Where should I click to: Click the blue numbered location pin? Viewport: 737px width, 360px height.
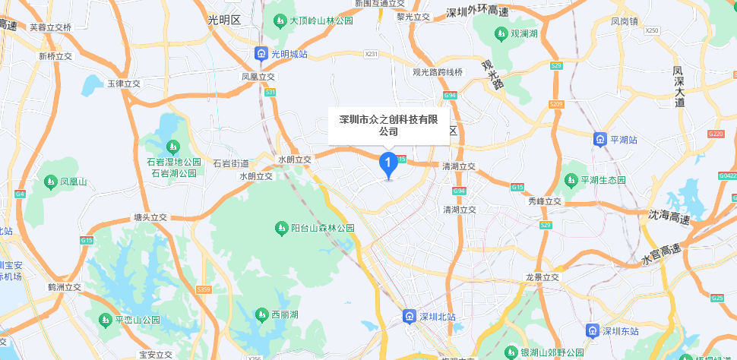point(387,163)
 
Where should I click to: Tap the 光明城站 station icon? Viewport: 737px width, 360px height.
point(261,54)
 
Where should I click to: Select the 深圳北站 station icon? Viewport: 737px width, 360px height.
point(409,316)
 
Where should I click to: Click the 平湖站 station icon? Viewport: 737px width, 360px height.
point(600,139)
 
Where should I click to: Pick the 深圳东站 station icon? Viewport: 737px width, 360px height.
point(592,330)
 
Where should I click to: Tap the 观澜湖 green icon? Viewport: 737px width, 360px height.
point(501,33)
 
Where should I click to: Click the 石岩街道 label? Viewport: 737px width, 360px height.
point(231,163)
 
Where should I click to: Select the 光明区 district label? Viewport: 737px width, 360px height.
point(224,21)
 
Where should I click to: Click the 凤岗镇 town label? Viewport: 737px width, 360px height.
point(625,21)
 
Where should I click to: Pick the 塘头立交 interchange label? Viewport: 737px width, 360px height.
point(150,216)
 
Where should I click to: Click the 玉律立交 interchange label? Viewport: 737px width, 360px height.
point(124,83)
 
